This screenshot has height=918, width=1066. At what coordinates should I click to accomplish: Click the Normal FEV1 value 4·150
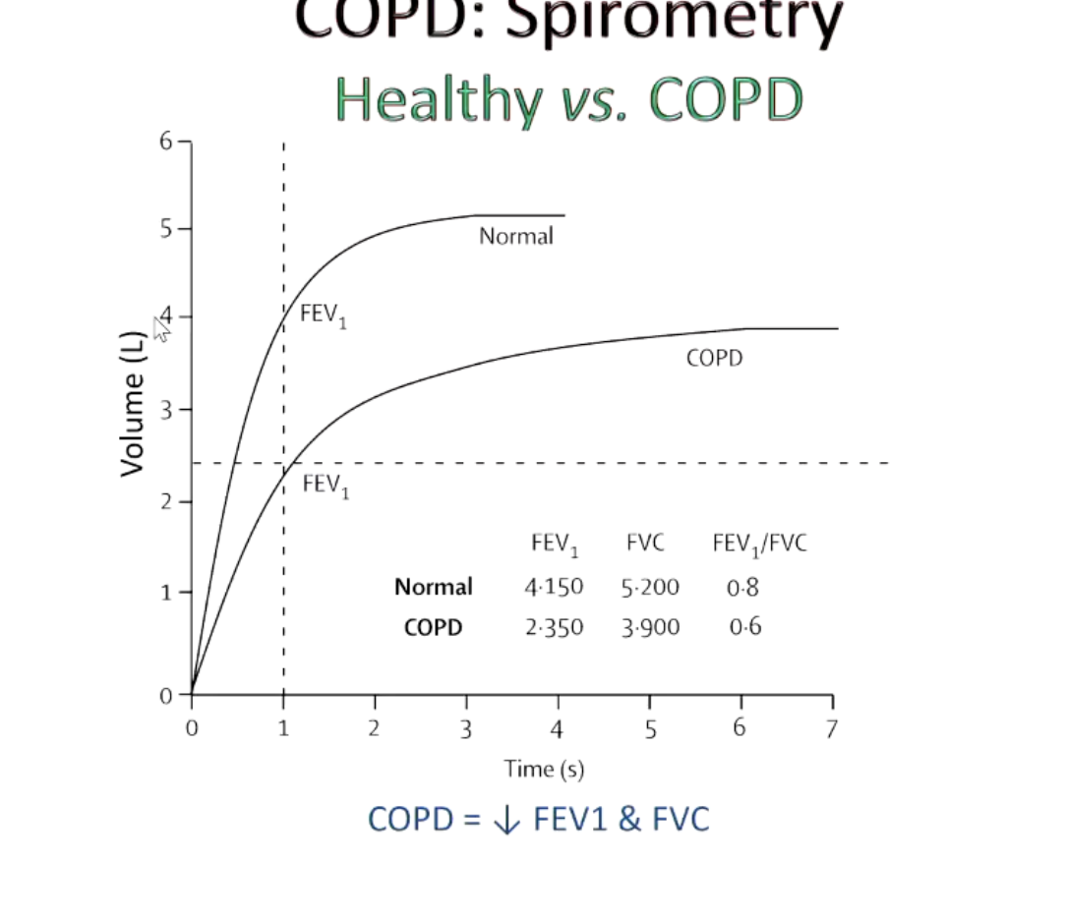point(554,588)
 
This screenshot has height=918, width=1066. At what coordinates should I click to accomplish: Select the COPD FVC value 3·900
point(650,628)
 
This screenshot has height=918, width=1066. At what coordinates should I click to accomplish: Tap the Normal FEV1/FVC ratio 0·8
point(743,589)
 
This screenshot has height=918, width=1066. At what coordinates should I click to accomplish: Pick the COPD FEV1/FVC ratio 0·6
point(744,627)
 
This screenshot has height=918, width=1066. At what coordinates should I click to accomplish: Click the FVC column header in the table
point(645,543)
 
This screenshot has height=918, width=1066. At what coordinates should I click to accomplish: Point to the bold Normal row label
point(433,588)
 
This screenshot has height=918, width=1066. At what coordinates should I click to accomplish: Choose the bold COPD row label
point(433,627)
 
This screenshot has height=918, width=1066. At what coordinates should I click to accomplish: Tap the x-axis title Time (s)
point(545,769)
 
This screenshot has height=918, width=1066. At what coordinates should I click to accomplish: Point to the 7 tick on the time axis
point(832,728)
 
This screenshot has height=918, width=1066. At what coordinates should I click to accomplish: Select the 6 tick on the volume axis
point(165,141)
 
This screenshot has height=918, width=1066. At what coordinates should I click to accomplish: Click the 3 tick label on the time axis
point(466,728)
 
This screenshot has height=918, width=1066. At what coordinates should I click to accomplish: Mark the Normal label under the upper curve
point(516,236)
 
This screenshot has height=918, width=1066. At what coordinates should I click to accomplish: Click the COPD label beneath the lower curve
point(715,359)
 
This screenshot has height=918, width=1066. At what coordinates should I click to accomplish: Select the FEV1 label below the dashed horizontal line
point(326,486)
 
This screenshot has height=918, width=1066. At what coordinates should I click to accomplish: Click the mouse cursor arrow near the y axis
point(162,326)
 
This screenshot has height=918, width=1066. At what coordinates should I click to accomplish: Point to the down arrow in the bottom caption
point(507,820)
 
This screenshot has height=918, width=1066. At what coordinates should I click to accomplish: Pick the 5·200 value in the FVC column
point(650,589)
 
